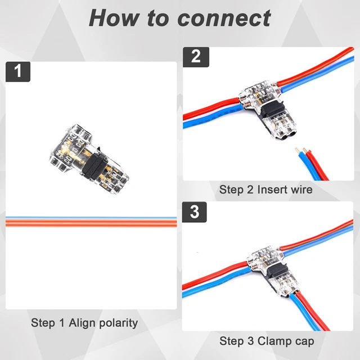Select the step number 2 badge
(x=195, y=56)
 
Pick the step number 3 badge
(x=195, y=212)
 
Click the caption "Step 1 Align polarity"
(x=84, y=323)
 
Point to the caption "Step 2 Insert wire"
(x=265, y=190)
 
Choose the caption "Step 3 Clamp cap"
(x=267, y=341)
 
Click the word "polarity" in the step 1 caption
(x=117, y=323)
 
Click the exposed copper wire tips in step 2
(x=299, y=151)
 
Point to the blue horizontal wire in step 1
(x=90, y=218)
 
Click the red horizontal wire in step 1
(x=90, y=223)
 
